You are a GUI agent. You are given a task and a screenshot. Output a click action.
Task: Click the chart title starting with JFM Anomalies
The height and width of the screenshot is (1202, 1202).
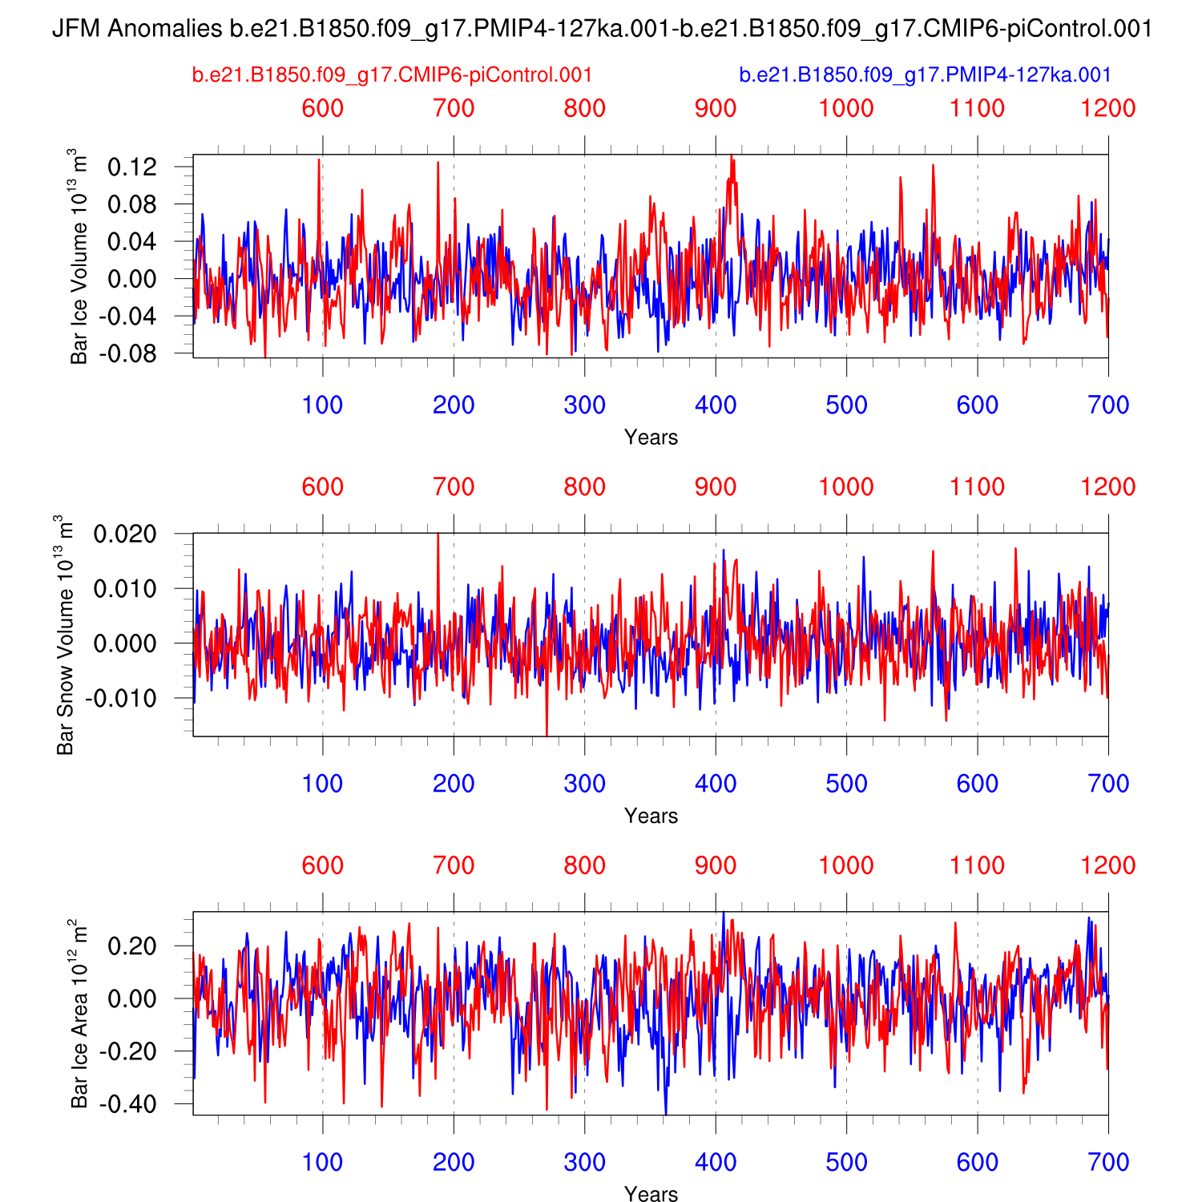[x=601, y=30]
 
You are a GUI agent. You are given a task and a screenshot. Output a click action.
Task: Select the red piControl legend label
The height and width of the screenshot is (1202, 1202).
[x=392, y=75]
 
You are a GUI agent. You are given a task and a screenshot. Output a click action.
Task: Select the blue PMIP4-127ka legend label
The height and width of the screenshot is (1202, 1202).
[x=925, y=75]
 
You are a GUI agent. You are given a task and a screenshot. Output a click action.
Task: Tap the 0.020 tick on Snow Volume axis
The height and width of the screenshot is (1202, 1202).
[x=125, y=534]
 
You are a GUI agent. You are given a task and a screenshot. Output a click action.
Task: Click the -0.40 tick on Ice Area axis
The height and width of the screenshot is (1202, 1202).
[x=128, y=1104]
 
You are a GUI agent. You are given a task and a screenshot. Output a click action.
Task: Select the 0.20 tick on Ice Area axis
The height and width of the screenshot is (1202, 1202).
[x=132, y=946]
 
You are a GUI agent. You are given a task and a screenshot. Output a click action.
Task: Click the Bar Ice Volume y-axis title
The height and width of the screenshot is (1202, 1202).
[x=79, y=256]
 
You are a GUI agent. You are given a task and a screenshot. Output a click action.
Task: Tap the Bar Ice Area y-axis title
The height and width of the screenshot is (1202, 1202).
[x=79, y=1014]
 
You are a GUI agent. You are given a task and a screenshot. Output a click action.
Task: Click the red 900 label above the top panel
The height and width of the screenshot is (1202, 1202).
[x=715, y=108]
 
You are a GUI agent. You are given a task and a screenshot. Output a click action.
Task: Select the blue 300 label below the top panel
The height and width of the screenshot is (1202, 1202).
[x=584, y=405]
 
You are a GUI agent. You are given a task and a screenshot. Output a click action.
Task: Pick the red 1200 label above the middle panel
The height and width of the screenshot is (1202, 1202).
[x=1107, y=486]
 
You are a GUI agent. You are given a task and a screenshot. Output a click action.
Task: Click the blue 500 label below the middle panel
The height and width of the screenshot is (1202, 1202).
[x=846, y=784]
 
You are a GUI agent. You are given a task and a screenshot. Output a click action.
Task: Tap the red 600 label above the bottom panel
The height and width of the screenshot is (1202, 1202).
[x=322, y=865]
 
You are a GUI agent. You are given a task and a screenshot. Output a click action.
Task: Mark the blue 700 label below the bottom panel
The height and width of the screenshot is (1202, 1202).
[x=1108, y=1162]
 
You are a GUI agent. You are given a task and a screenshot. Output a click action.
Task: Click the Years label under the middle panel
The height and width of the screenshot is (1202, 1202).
[x=651, y=816]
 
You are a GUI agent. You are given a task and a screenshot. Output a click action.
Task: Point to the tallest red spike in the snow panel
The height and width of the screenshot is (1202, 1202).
[x=438, y=535]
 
